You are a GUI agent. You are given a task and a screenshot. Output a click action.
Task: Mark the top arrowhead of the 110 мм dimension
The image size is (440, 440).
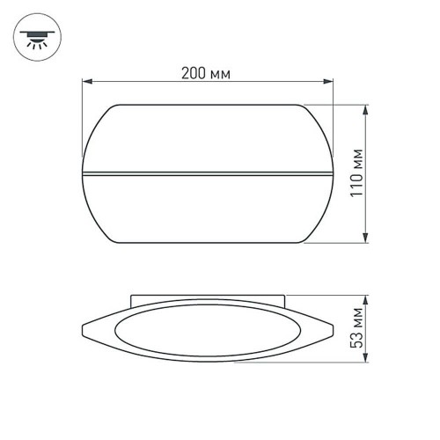[363, 108]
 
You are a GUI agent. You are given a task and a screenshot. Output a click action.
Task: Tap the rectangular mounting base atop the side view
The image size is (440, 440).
[208, 301]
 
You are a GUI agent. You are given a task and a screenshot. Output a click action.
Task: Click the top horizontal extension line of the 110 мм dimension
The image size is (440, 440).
[339, 105]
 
